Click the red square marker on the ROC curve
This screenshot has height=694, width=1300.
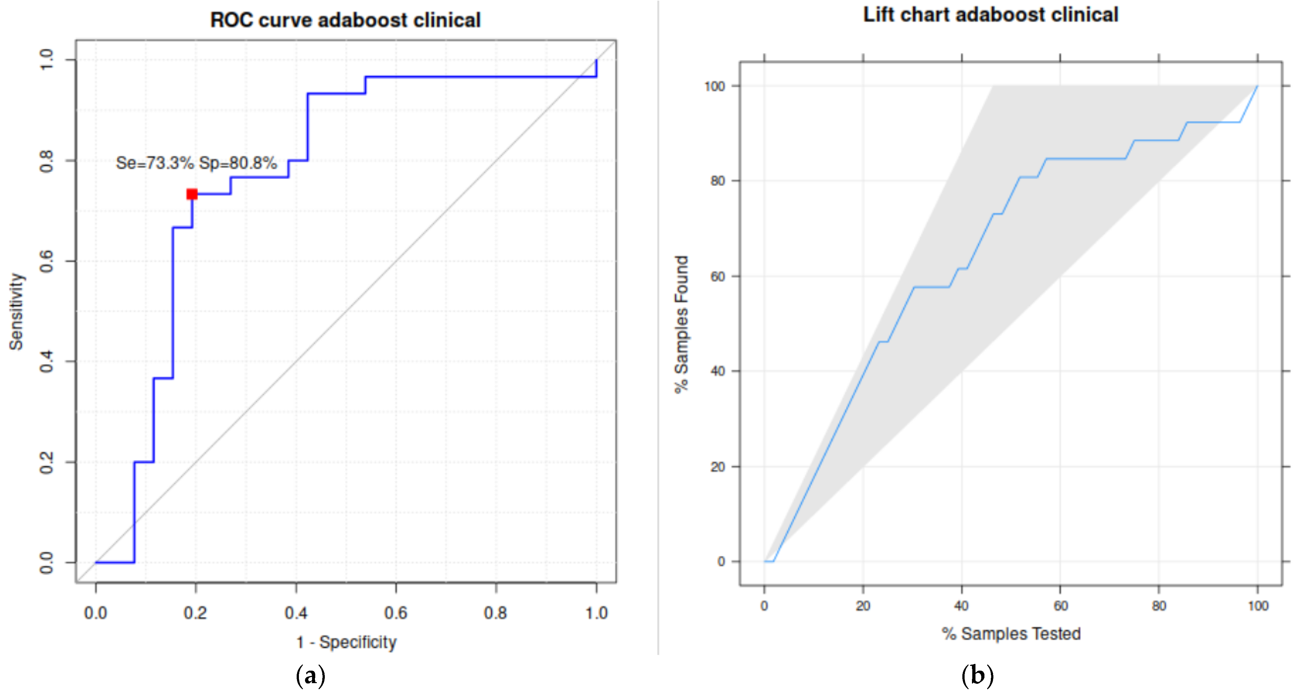click(x=192, y=194)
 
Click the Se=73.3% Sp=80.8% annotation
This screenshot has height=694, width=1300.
click(x=196, y=163)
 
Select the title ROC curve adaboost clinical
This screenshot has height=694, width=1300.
click(x=345, y=20)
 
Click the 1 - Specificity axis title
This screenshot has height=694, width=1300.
click(x=346, y=642)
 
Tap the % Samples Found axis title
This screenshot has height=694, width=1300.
click(x=681, y=324)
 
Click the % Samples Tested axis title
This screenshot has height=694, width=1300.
click(x=1011, y=633)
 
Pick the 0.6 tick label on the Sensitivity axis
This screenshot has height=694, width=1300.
click(x=46, y=261)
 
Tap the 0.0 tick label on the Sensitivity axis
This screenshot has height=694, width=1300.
click(x=46, y=562)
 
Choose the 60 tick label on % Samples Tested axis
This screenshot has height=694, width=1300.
click(x=1060, y=606)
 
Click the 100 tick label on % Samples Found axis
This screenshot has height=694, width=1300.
click(x=715, y=86)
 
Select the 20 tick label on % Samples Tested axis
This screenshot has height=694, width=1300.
click(x=863, y=606)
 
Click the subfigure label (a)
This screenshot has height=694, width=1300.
click(x=310, y=675)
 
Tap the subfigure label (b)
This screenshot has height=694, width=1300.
click(x=977, y=675)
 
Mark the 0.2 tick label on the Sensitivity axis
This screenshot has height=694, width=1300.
click(x=46, y=462)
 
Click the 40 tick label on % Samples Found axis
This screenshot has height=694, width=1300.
click(x=718, y=371)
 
